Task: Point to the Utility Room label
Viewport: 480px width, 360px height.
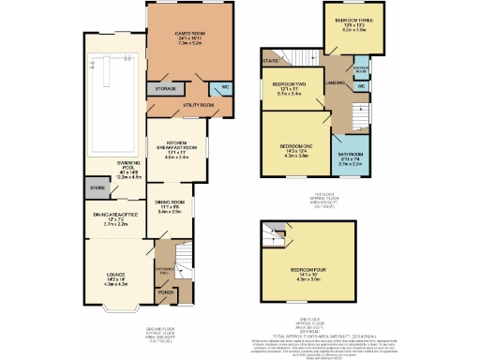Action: (199, 106)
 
